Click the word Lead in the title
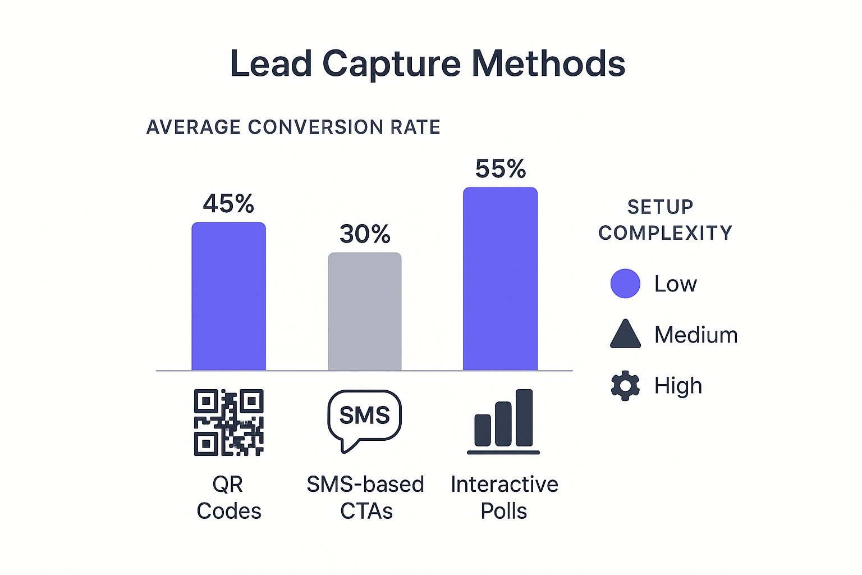coord(270,63)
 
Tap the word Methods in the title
coord(548,63)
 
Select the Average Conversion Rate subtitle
coord(293,127)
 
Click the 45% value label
coord(228,203)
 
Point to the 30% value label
coord(365,234)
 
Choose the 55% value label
coord(500,168)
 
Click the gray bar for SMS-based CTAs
coord(365,312)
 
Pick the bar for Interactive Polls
coord(500,279)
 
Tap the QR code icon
coord(228,422)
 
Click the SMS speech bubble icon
coord(365,418)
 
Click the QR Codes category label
coord(228,498)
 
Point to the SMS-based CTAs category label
coord(365,498)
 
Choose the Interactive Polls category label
coord(504,498)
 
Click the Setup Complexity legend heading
coord(665,220)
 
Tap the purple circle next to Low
coord(625,284)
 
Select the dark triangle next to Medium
coord(625,335)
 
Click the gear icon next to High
coord(625,386)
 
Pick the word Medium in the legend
coord(696,335)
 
